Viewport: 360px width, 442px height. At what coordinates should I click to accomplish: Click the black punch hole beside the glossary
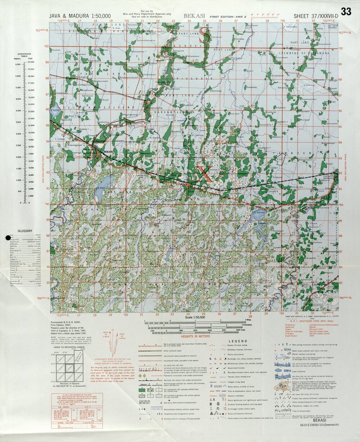point(8,238)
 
